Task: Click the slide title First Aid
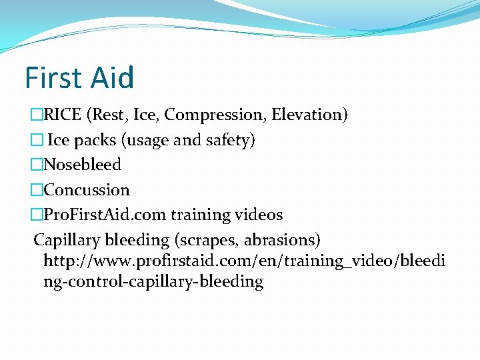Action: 79,77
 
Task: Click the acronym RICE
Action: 63,115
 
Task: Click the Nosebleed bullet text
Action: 82,165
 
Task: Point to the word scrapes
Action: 205,239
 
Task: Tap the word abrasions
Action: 282,239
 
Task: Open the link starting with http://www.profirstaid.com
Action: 244,261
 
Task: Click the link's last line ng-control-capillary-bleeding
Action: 153,281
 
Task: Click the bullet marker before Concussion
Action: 37,190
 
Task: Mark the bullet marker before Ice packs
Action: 37,140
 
